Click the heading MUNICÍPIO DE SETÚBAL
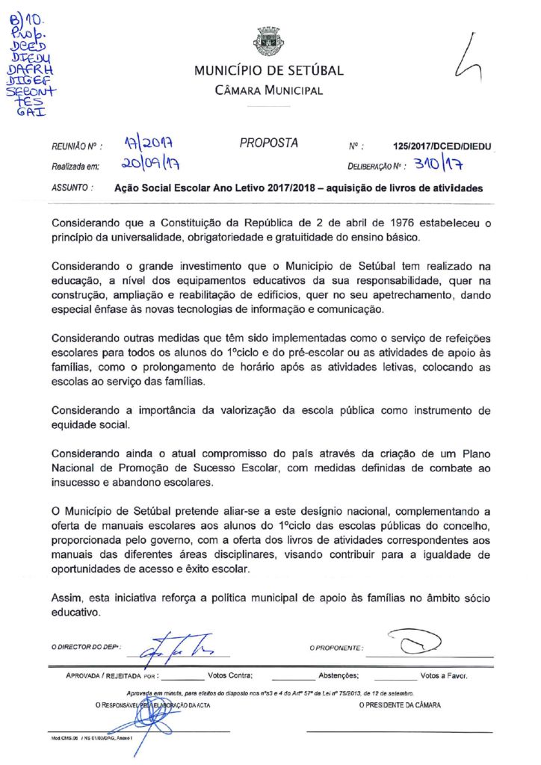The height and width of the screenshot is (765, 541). click(x=269, y=71)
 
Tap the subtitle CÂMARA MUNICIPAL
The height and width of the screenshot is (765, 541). click(x=269, y=90)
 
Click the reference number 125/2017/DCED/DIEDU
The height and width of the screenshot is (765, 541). click(x=447, y=147)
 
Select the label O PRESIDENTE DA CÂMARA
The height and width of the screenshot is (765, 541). click(x=400, y=704)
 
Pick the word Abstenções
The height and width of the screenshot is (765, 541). click(x=338, y=675)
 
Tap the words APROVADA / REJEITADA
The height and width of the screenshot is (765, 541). click(x=101, y=675)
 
